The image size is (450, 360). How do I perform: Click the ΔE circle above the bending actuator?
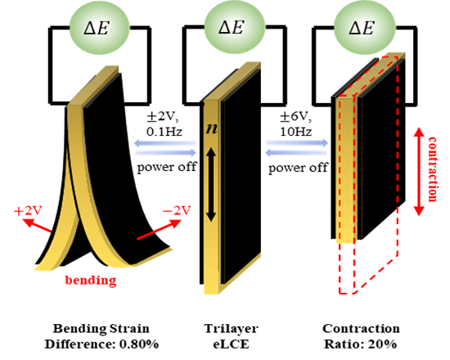pyautogui.click(x=99, y=28)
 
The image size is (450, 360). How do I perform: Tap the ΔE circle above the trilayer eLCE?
pyautogui.click(x=234, y=28)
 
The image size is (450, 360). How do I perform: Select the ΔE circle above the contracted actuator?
pyautogui.click(x=364, y=28)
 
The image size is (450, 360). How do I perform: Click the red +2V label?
pyautogui.click(x=28, y=211)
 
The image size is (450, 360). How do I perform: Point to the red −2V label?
pyautogui.click(x=177, y=211)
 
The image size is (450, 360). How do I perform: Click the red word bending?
pyautogui.click(x=91, y=280)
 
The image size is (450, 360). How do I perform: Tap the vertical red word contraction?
pyautogui.click(x=433, y=169)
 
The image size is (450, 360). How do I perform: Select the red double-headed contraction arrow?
pyautogui.click(x=419, y=172)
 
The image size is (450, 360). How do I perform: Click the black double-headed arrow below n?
pyautogui.click(x=211, y=184)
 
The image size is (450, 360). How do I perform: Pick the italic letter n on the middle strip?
pyautogui.click(x=212, y=129)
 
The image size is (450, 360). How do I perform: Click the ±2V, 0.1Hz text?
pyautogui.click(x=164, y=124)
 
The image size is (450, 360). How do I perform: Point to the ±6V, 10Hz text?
pyautogui.click(x=295, y=124)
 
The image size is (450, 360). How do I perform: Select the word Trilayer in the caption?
pyautogui.click(x=231, y=329)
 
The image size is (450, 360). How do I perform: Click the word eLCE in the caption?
pyautogui.click(x=231, y=344)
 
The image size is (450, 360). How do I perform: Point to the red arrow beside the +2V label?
pyautogui.click(x=37, y=226)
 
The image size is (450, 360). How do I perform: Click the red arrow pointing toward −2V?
pyautogui.click(x=159, y=229)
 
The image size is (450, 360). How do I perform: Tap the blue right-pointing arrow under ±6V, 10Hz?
pyautogui.click(x=297, y=143)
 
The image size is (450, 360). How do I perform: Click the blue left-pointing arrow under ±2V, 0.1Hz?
pyautogui.click(x=165, y=143)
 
